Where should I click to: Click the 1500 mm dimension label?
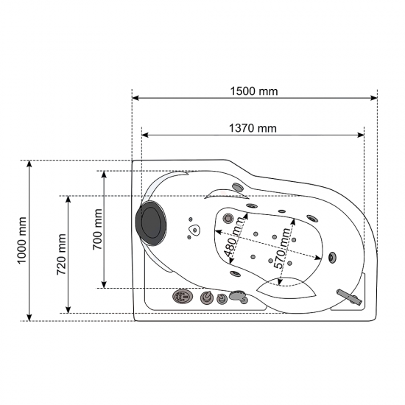tap(254, 91)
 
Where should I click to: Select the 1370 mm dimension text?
tap(253, 128)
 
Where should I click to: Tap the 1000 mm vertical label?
tap(22, 241)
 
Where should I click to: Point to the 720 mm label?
tap(61, 255)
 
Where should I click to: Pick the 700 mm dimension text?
tap(98, 229)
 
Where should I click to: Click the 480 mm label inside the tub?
tap(233, 237)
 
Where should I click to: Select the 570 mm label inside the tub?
tap(282, 248)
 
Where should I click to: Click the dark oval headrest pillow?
tap(151, 223)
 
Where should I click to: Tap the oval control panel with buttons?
tap(183, 296)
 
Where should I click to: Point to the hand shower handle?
tap(350, 297)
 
